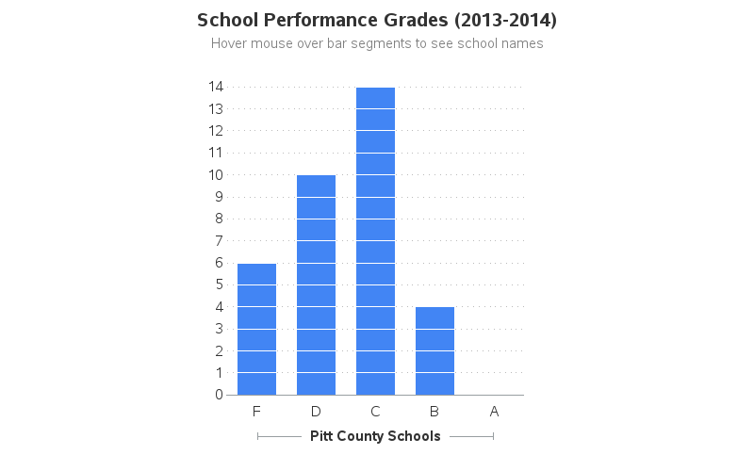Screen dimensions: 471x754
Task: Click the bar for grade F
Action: point(256,329)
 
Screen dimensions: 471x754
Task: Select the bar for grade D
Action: point(316,284)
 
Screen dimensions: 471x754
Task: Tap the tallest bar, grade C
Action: point(375,240)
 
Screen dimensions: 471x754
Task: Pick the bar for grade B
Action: point(434,350)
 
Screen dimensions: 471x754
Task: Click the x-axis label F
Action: point(256,411)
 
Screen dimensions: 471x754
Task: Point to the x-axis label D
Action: point(316,411)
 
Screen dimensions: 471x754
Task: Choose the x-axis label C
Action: point(375,411)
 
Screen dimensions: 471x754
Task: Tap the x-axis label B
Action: point(434,411)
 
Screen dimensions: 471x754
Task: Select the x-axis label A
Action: point(494,411)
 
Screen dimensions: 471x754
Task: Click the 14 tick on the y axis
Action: point(216,87)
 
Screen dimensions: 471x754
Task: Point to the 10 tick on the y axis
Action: point(216,174)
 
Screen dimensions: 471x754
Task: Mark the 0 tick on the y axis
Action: point(219,395)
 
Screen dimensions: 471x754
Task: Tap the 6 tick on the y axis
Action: point(219,263)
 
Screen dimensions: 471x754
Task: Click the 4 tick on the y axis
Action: point(219,307)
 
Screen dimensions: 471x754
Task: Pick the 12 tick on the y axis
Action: point(216,131)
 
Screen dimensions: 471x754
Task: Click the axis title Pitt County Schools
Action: point(375,436)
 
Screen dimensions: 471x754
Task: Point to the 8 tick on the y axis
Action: point(219,219)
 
